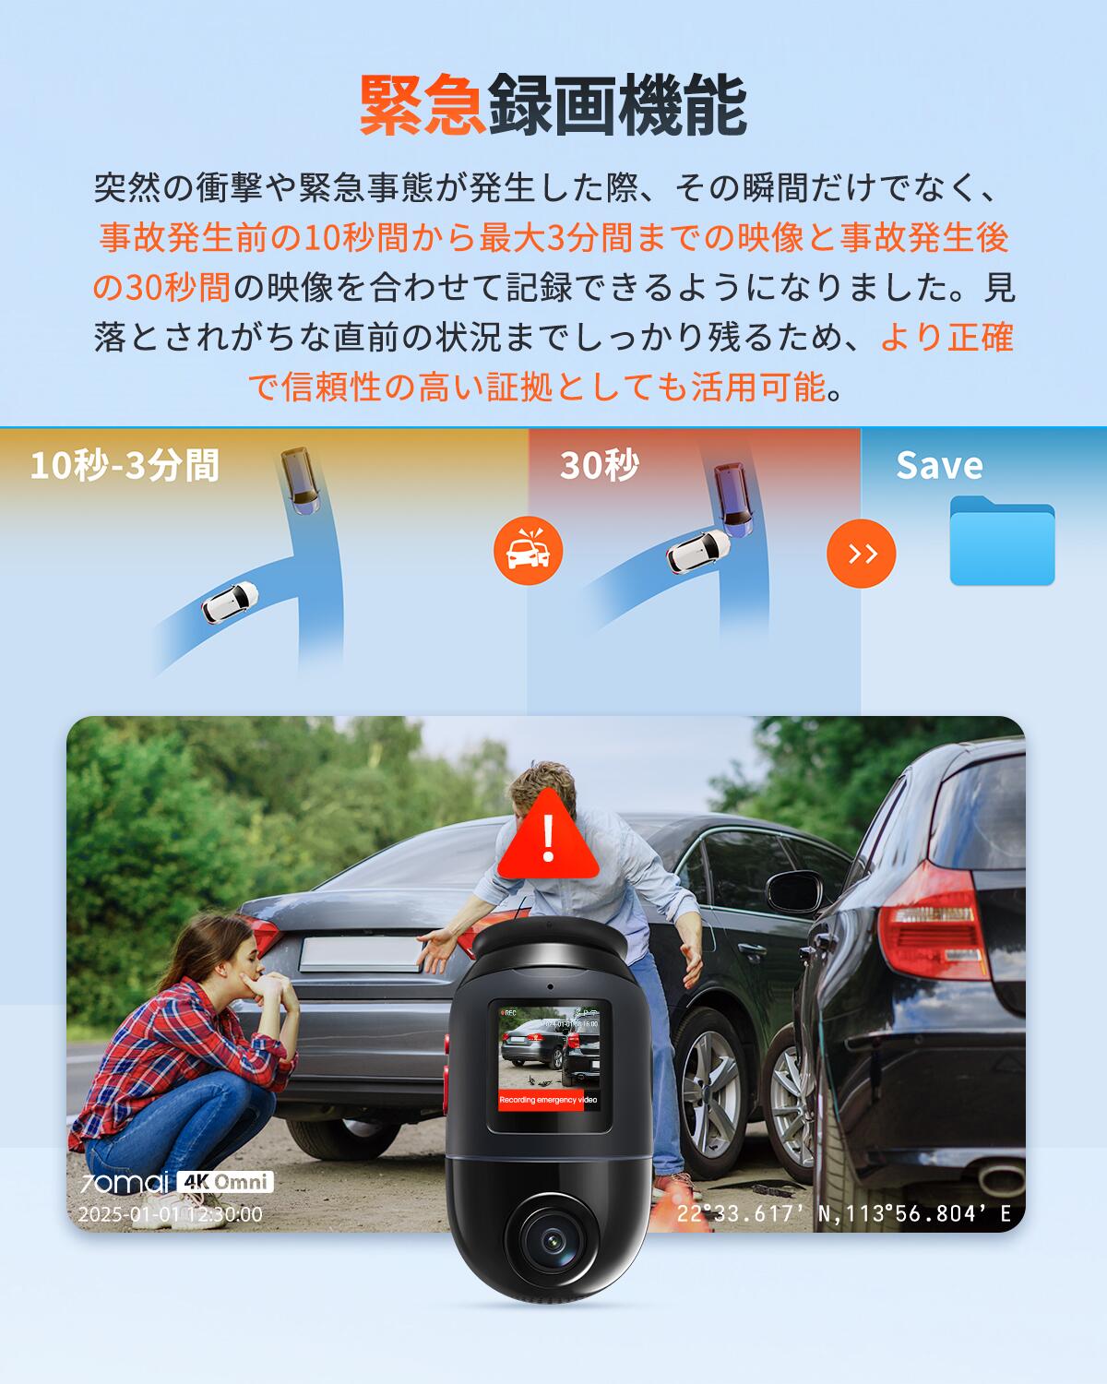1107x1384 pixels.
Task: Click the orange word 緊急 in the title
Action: click(x=423, y=106)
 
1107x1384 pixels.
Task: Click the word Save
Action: click(x=938, y=465)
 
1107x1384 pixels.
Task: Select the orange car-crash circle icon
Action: click(x=528, y=551)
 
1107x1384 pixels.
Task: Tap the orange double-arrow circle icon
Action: click(x=861, y=553)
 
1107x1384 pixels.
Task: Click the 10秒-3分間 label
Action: click(x=125, y=465)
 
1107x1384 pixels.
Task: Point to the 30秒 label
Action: click(x=599, y=466)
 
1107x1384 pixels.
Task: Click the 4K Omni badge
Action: click(x=225, y=1182)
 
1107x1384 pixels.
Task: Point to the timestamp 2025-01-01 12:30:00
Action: click(x=170, y=1214)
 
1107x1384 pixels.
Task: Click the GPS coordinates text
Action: click(x=843, y=1213)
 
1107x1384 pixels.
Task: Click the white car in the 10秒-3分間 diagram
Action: click(x=230, y=601)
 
